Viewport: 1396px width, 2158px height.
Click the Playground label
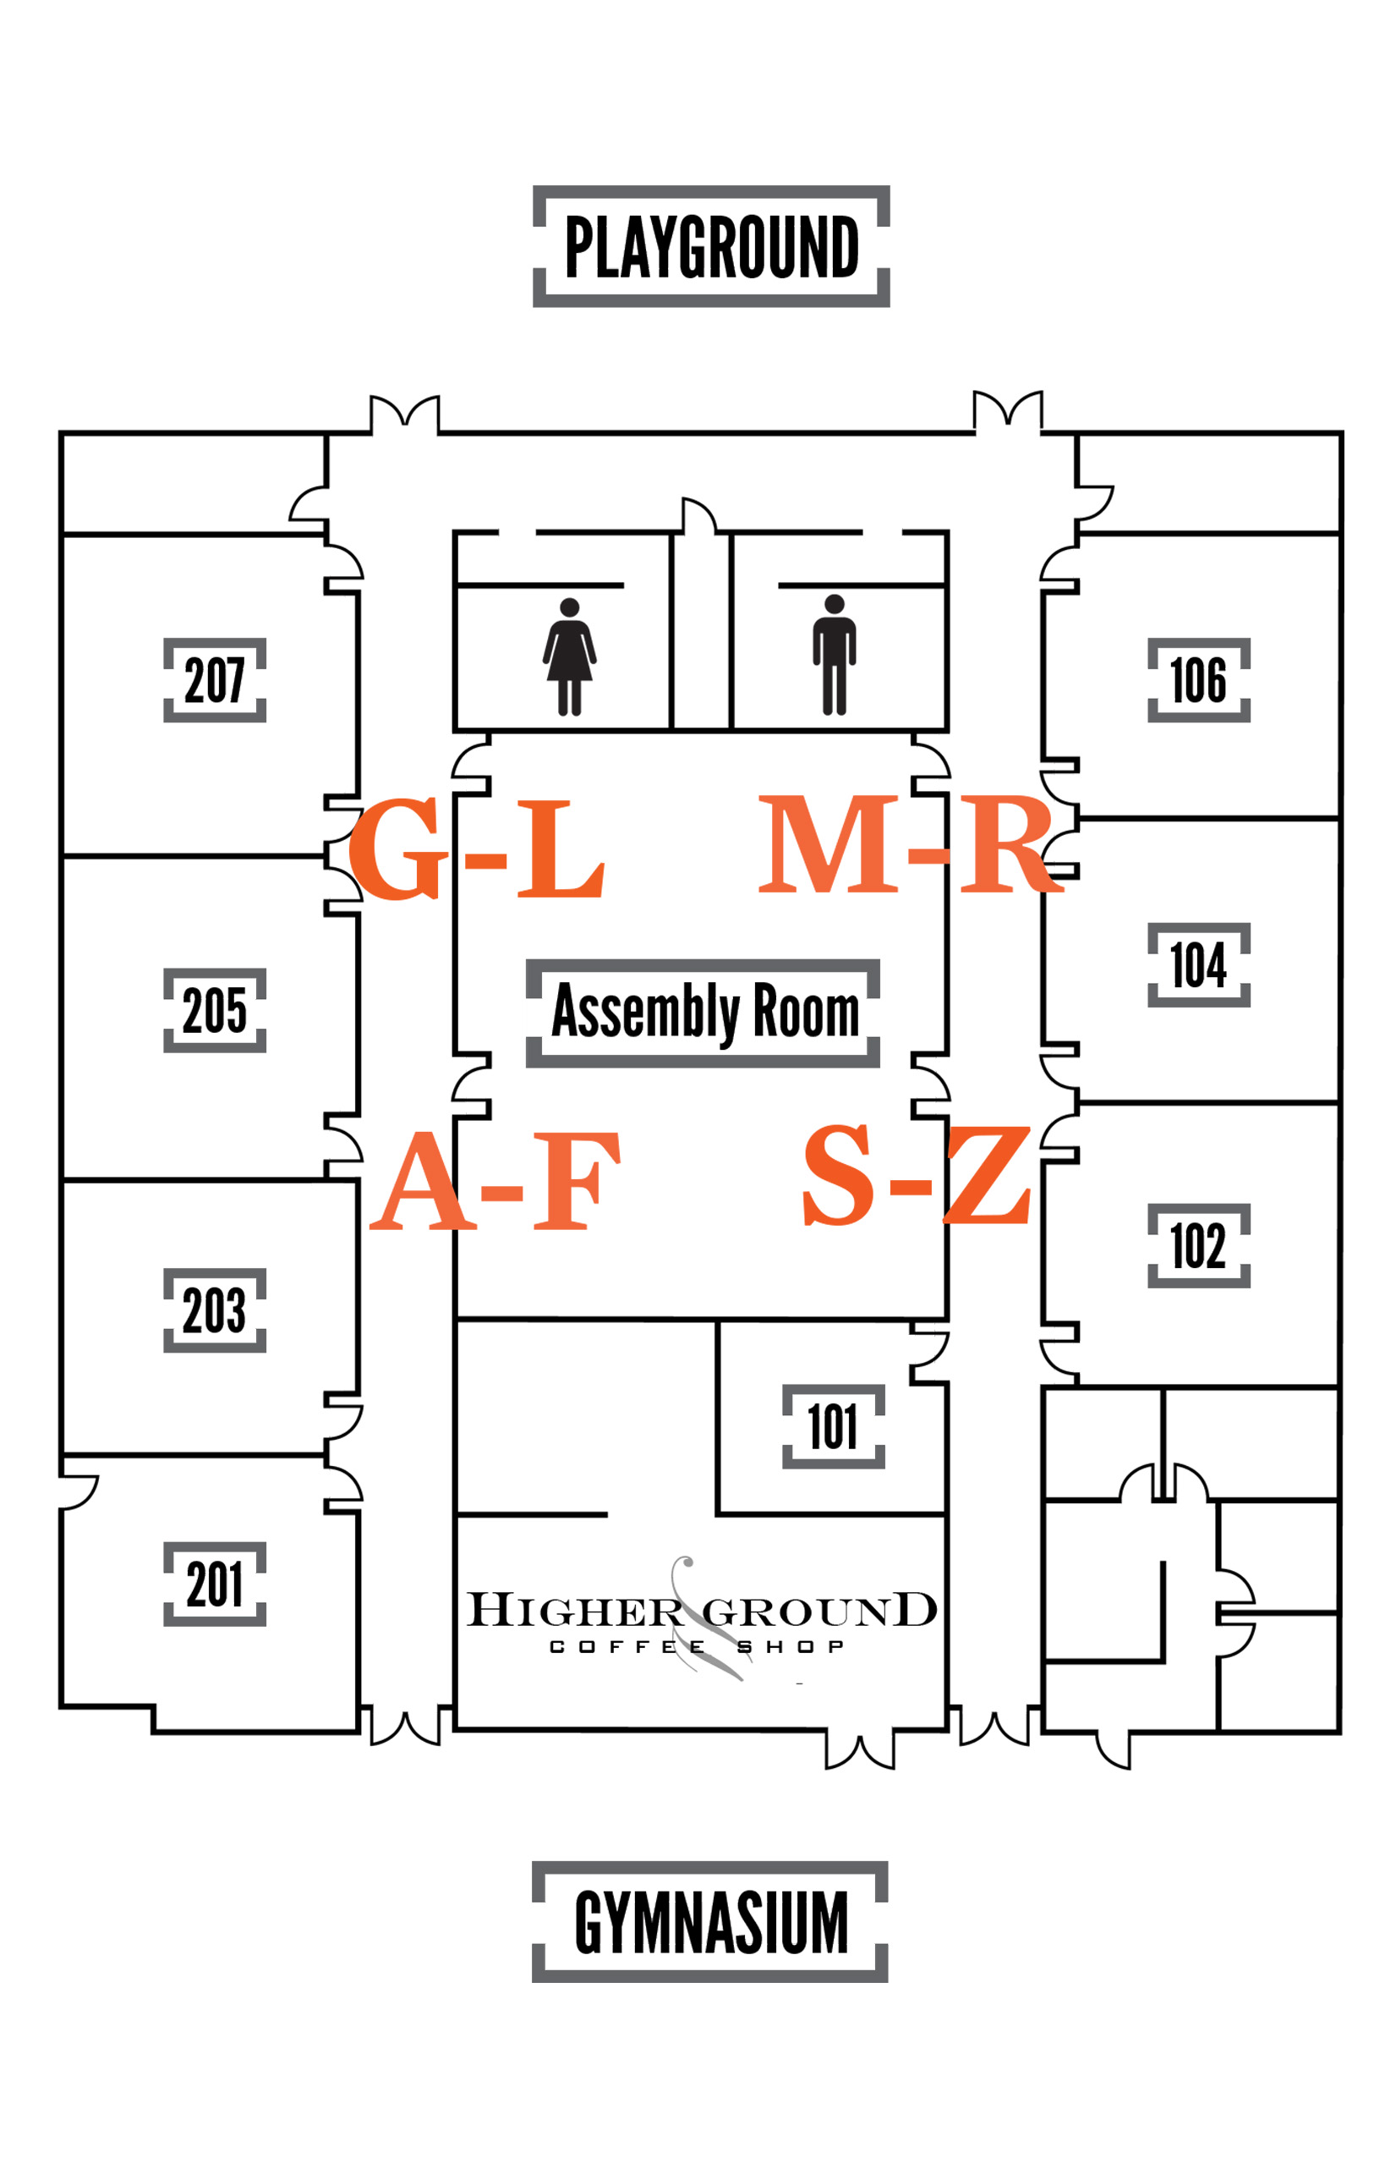click(x=712, y=247)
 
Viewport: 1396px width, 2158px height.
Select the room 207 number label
click(x=215, y=680)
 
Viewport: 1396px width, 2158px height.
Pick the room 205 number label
click(x=215, y=1010)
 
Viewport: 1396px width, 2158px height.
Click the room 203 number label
click(x=215, y=1310)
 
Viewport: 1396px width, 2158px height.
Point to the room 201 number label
click(x=215, y=1584)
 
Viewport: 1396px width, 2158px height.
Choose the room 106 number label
click(x=1199, y=680)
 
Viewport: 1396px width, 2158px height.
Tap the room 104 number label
click(x=1199, y=964)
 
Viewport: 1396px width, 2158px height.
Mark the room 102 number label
click(x=1199, y=1246)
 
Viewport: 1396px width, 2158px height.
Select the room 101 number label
click(x=834, y=1426)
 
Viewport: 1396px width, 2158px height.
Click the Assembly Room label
click(x=703, y=1013)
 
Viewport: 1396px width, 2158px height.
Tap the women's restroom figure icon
click(x=569, y=656)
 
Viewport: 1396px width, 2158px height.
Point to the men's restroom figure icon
click(x=835, y=655)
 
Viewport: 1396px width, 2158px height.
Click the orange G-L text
click(x=476, y=848)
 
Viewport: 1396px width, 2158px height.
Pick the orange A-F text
click(x=495, y=1179)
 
